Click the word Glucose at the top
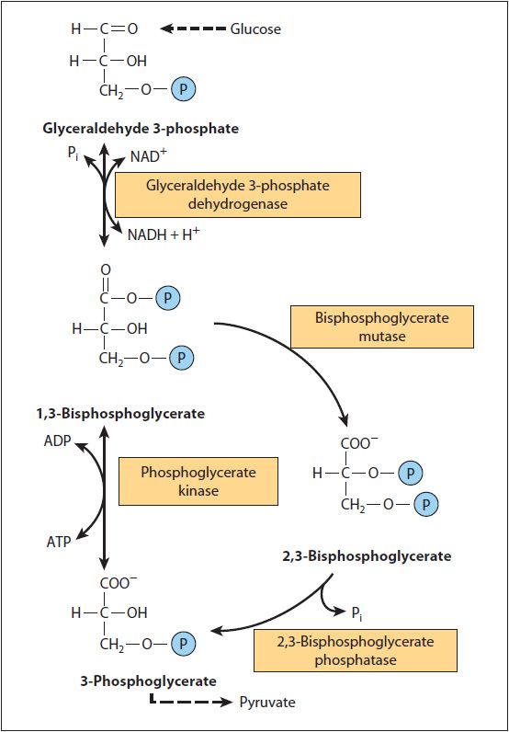255,29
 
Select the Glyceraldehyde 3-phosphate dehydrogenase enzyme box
237,194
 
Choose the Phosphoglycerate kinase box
198,481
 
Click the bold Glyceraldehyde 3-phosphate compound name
141,129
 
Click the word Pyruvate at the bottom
266,703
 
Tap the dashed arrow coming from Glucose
192,29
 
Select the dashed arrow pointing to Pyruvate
188,703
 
